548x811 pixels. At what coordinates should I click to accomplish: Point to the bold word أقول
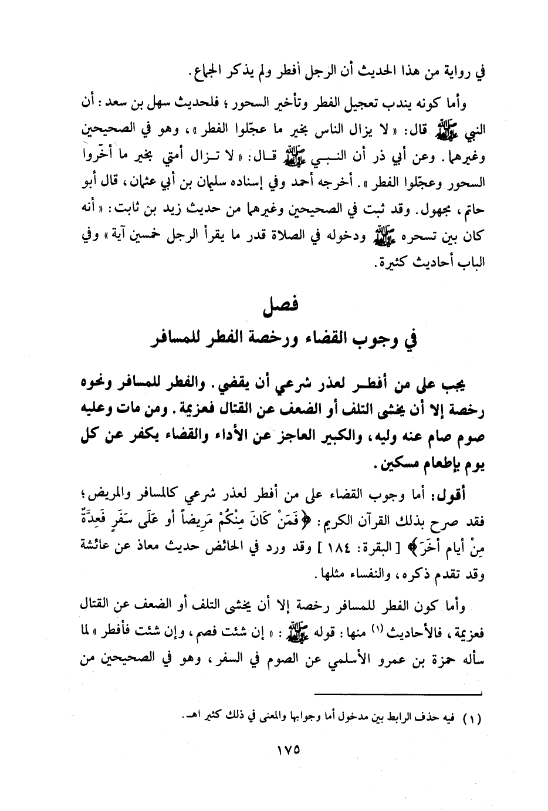[x=476, y=496]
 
